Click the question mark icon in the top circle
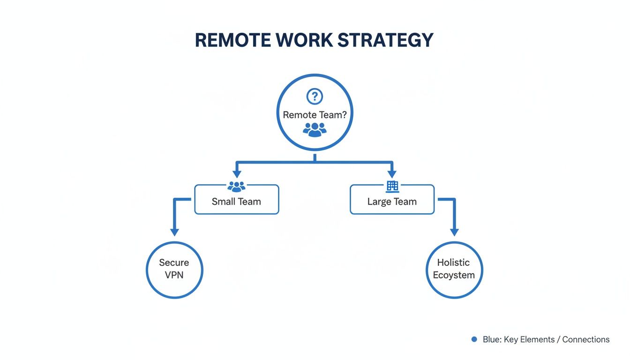point(315,97)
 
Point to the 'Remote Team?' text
point(315,114)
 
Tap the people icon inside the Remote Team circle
point(315,129)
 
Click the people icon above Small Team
point(236,187)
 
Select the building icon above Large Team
point(392,187)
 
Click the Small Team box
point(236,202)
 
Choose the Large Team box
point(392,202)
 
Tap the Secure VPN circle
point(174,270)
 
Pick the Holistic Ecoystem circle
point(454,270)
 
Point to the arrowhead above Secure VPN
point(174,232)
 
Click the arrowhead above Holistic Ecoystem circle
point(454,232)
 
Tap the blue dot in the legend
point(474,339)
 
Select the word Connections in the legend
point(586,339)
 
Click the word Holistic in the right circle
point(453,262)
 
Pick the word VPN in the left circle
point(174,275)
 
